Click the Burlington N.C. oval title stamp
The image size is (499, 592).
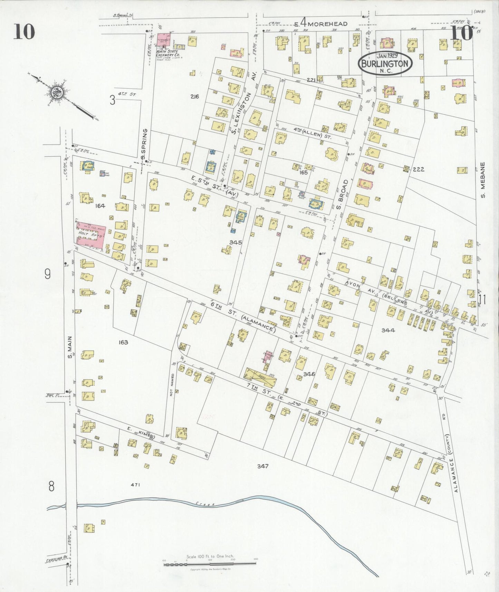click(385, 63)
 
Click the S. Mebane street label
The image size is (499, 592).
click(483, 180)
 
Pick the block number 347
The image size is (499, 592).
click(262, 466)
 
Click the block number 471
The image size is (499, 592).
click(135, 485)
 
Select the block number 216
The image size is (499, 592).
click(194, 97)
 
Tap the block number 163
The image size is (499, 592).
click(123, 342)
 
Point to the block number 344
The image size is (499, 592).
click(388, 330)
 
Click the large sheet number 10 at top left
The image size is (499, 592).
click(24, 32)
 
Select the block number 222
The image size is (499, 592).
click(418, 169)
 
